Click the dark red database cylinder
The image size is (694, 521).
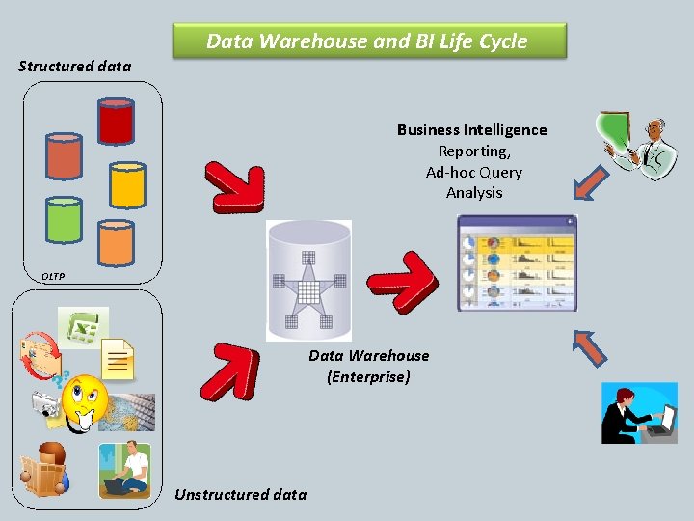[x=116, y=121]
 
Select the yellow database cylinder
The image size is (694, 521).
[x=127, y=184]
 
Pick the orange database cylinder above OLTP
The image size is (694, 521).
[x=116, y=242]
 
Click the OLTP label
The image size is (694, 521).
[x=53, y=277]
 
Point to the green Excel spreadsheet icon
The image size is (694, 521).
[x=83, y=327]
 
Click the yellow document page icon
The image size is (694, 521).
[x=118, y=360]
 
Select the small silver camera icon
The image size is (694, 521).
[x=45, y=403]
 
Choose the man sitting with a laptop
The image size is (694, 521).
[x=126, y=469]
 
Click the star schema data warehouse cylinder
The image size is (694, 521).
[x=308, y=280]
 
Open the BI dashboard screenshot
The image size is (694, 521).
[x=517, y=262]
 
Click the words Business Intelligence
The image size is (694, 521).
[x=471, y=130]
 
